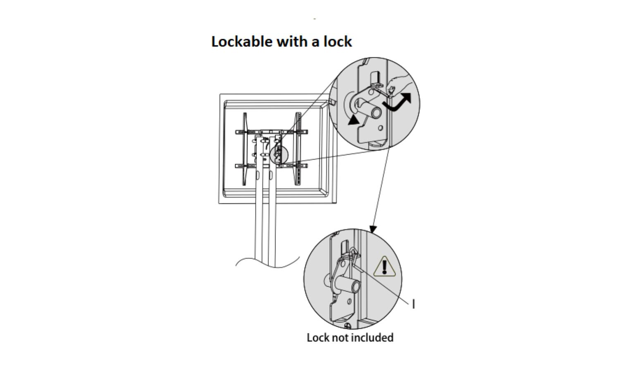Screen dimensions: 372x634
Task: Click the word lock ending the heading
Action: pyautogui.click(x=338, y=42)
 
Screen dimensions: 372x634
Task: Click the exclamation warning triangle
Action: pyautogui.click(x=385, y=267)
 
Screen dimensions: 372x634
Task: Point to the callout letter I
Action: pyautogui.click(x=414, y=304)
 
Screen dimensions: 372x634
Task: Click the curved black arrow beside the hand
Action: pyautogui.click(x=397, y=103)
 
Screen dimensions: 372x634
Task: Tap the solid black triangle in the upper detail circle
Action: pyautogui.click(x=354, y=120)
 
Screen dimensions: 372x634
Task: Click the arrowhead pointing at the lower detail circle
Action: pyautogui.click(x=373, y=229)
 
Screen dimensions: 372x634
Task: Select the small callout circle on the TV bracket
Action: pyautogui.click(x=278, y=154)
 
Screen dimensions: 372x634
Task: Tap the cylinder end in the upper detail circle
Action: pyautogui.click(x=375, y=112)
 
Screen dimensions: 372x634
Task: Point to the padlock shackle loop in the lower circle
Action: pyautogui.click(x=354, y=252)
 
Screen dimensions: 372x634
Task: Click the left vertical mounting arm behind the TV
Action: pyautogui.click(x=245, y=149)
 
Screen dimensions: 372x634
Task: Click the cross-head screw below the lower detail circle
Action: pyautogui.click(x=347, y=326)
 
